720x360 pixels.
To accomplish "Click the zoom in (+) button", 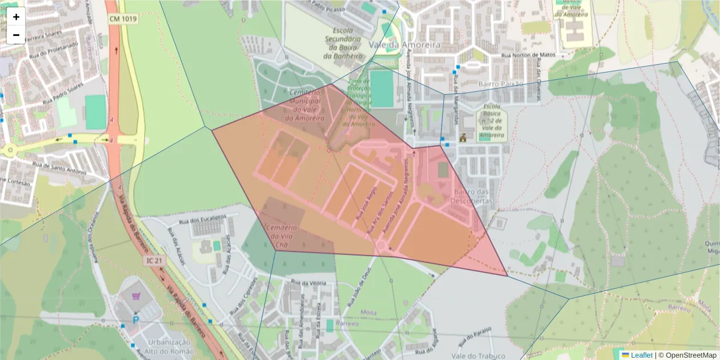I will pos(16,17).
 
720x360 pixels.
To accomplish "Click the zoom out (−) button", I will pos(16,35).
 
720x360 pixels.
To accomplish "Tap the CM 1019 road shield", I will pos(122,19).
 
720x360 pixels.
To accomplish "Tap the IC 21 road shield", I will pos(154,260).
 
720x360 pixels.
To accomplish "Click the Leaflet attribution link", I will pos(641,355).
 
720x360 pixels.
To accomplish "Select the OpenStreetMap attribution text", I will pos(687,355).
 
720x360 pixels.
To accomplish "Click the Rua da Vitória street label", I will pos(308,282).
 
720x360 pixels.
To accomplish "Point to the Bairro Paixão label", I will pos(501,83).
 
